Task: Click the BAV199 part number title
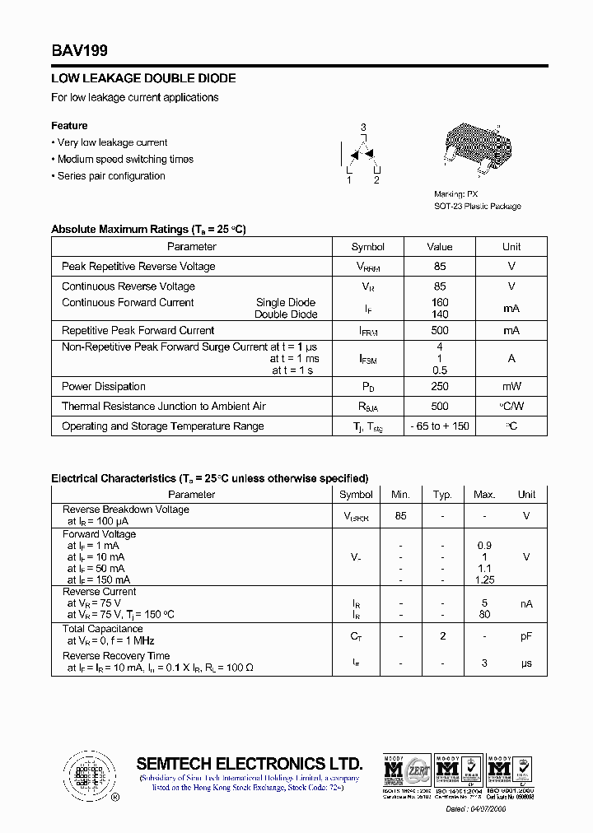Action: point(80,51)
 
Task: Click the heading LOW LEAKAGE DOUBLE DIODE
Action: point(143,78)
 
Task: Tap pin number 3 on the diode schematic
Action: point(363,128)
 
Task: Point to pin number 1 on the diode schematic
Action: point(349,179)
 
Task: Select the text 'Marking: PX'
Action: point(455,193)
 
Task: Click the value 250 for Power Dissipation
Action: point(440,387)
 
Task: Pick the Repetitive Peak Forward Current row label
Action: point(138,330)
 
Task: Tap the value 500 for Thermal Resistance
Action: point(440,407)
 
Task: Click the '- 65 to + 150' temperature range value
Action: point(440,426)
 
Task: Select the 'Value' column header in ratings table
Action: point(440,247)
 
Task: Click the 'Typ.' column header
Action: point(443,495)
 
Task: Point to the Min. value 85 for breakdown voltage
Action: point(400,516)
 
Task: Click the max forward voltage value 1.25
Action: point(484,580)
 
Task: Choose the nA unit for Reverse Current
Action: point(526,603)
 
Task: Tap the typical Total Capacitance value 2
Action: point(443,636)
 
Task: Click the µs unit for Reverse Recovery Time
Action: point(526,663)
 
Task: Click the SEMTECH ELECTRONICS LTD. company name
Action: point(249,763)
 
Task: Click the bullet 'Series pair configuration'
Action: point(111,176)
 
